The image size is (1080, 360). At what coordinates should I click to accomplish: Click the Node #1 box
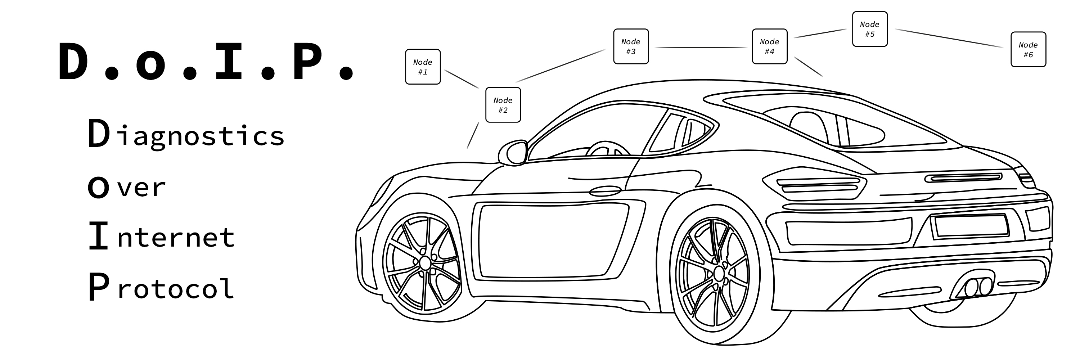(x=423, y=67)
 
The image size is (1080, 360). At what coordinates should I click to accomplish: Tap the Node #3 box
(x=631, y=46)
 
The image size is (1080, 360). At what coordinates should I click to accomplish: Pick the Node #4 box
(x=769, y=46)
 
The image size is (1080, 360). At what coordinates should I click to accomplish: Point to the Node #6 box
(x=1028, y=49)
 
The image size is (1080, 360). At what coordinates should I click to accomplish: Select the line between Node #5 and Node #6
(x=949, y=38)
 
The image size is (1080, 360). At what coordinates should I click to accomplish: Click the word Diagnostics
(x=186, y=134)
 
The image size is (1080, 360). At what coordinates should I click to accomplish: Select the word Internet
(x=161, y=237)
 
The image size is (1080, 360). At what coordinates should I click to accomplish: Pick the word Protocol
(x=161, y=287)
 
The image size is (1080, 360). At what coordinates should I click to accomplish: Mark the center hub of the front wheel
(x=425, y=263)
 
